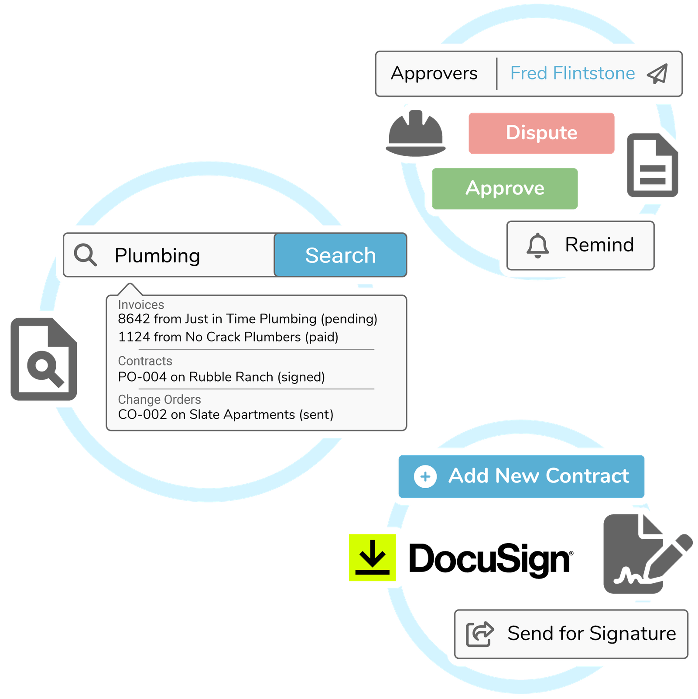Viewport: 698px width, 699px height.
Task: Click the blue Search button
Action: click(340, 255)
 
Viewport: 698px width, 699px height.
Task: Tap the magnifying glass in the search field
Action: click(85, 255)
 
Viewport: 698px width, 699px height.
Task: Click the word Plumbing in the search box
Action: click(157, 255)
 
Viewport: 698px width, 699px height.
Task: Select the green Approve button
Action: click(505, 189)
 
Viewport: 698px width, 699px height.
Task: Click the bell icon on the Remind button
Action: click(537, 245)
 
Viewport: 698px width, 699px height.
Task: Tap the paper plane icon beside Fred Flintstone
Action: click(657, 74)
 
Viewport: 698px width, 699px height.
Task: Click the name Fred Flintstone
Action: click(572, 73)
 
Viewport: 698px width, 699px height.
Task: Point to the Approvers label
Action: click(434, 73)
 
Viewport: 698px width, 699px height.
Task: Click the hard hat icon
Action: click(416, 133)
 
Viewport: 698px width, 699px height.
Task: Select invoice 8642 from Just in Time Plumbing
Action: click(247, 319)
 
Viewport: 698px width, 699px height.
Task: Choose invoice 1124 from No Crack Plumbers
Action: click(228, 337)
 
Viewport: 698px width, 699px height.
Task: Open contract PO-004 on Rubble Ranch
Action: click(221, 377)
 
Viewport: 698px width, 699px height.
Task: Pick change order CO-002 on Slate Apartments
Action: click(226, 414)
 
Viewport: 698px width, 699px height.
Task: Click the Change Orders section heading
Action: click(159, 399)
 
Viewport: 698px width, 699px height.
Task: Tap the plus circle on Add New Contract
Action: click(425, 476)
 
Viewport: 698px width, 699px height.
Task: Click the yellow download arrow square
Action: click(372, 558)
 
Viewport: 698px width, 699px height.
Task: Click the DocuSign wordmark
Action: click(491, 559)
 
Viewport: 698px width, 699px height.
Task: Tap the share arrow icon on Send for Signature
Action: click(480, 634)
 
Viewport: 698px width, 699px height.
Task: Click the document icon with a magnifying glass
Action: click(44, 359)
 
